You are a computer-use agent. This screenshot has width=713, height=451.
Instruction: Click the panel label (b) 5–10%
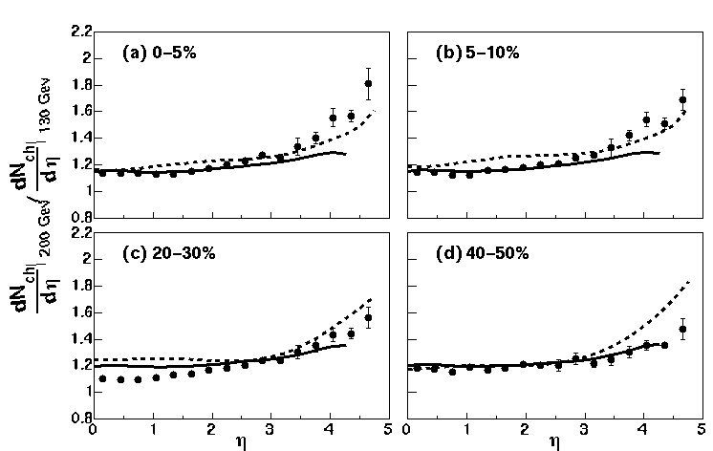pyautogui.click(x=478, y=53)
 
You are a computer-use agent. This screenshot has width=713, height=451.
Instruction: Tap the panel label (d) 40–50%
pyautogui.click(x=485, y=253)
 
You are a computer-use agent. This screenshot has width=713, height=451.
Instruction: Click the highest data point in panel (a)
pyautogui.click(x=368, y=83)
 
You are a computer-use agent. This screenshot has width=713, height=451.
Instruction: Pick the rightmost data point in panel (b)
pyautogui.click(x=682, y=99)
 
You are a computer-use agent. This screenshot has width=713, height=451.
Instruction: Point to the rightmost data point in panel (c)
pyautogui.click(x=368, y=317)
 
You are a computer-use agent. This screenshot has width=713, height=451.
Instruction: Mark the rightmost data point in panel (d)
pyautogui.click(x=682, y=330)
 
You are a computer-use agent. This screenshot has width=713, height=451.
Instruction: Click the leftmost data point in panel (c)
pyautogui.click(x=102, y=379)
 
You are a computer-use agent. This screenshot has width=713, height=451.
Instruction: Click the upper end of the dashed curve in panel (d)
pyautogui.click(x=689, y=282)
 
